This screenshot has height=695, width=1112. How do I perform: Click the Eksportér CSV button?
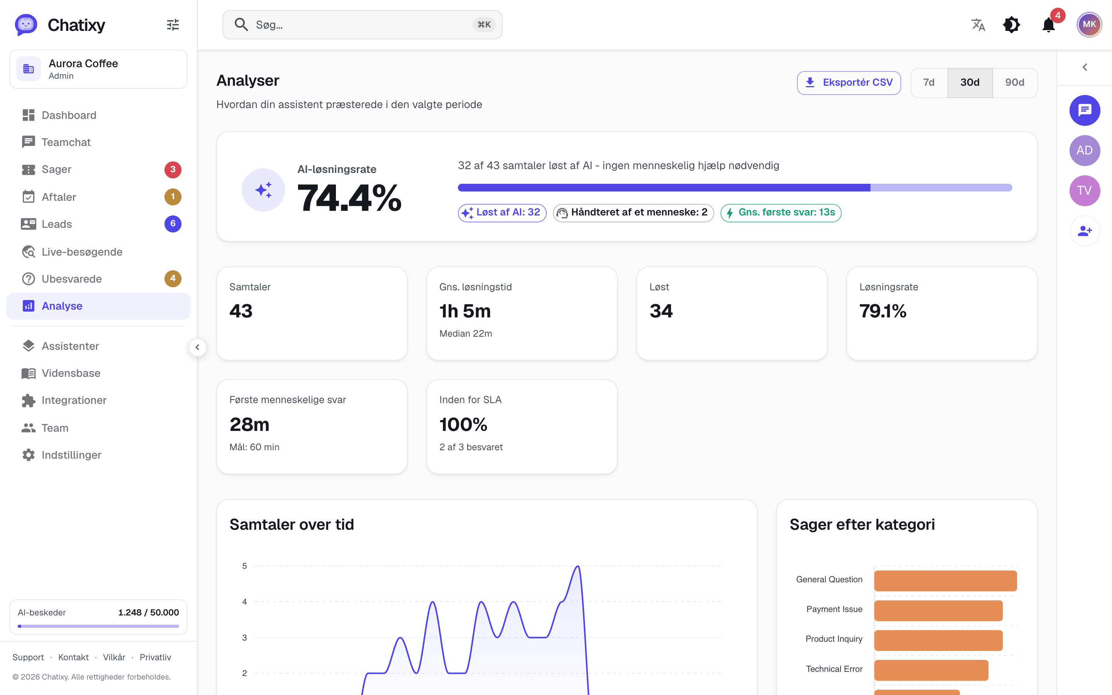[x=848, y=83]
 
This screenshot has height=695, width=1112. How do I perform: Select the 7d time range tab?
[x=929, y=83]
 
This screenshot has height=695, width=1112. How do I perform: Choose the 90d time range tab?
[x=1015, y=83]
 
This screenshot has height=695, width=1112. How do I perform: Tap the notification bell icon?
[x=1049, y=25]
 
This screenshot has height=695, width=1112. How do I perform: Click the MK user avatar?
[x=1089, y=25]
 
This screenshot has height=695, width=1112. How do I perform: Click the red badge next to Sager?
[x=173, y=170]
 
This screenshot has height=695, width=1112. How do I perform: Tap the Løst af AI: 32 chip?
[x=502, y=213]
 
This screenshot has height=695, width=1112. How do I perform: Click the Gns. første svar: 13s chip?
[x=781, y=213]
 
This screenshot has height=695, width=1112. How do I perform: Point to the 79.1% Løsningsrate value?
[x=883, y=311]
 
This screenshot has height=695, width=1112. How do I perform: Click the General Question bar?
[x=945, y=581]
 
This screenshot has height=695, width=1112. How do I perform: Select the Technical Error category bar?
[x=931, y=670]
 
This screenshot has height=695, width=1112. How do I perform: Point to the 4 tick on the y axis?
[x=244, y=602]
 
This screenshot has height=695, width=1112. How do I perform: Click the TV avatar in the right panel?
[x=1085, y=191]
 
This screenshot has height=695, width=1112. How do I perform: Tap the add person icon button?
[x=1085, y=231]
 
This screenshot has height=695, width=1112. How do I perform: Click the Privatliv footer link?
[x=155, y=657]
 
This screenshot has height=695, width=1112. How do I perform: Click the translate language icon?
[x=978, y=25]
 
